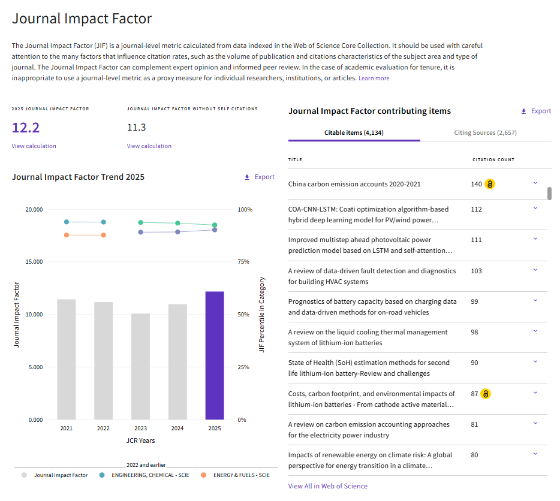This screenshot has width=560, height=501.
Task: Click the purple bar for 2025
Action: click(x=215, y=355)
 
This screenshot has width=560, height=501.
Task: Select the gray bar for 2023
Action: click(x=140, y=366)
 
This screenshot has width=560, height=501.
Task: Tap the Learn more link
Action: click(x=374, y=78)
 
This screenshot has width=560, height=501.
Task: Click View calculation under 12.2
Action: click(x=34, y=146)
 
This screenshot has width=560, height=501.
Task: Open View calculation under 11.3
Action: click(x=149, y=146)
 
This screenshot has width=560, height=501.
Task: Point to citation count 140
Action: click(x=477, y=184)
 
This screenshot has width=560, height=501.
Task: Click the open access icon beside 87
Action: click(x=486, y=394)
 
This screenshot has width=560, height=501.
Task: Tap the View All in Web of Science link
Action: click(x=328, y=486)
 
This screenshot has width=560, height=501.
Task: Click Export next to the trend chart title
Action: click(x=260, y=177)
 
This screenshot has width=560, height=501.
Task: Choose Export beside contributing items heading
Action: click(x=536, y=111)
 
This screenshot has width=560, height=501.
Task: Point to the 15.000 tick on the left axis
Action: click(x=34, y=262)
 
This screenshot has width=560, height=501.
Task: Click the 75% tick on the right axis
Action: click(x=243, y=262)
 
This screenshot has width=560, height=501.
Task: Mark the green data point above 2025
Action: click(x=215, y=225)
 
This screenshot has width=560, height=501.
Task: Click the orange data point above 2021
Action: click(x=67, y=235)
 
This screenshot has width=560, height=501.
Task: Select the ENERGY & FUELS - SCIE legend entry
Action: click(x=236, y=475)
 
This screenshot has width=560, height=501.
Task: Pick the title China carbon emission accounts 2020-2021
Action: click(x=354, y=184)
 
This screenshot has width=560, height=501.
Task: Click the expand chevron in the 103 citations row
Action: click(x=535, y=270)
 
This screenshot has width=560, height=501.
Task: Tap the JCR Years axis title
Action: click(x=140, y=440)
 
